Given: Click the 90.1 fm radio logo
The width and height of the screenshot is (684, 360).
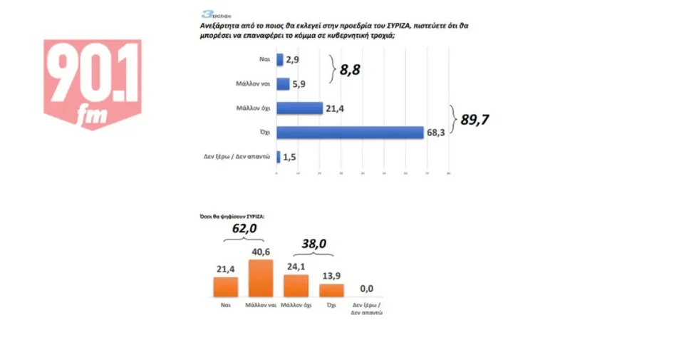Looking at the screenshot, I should [x=93, y=84].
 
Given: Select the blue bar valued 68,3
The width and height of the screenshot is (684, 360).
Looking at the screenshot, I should [x=349, y=133].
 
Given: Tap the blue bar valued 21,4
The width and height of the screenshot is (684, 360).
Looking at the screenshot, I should [x=299, y=108].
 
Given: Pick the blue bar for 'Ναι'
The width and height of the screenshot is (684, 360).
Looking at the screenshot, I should [x=279, y=60].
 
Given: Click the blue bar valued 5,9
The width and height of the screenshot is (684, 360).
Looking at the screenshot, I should [x=282, y=84].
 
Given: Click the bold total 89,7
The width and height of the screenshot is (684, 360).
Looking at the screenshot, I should [x=476, y=120].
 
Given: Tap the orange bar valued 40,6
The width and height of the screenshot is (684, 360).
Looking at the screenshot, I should [x=261, y=278].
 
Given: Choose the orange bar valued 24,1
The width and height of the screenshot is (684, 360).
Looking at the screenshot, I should [x=296, y=285].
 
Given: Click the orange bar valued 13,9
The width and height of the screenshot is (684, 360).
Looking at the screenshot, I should [x=331, y=289].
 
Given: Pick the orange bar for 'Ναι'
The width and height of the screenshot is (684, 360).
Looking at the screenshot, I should [x=225, y=286].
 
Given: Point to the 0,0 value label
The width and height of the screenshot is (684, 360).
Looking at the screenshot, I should [x=367, y=288].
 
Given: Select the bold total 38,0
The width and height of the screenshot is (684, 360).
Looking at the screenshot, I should [x=313, y=244].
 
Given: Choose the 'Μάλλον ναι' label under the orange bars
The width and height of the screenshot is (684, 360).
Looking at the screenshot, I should [x=260, y=304].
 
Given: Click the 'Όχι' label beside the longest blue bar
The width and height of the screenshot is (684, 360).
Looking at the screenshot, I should [x=264, y=133].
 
